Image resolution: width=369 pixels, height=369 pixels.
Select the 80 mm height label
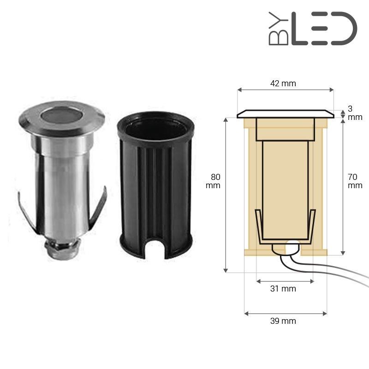click(215, 181)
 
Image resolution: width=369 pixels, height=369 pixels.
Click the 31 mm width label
click(283, 289)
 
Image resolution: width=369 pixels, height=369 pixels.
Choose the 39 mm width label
click(283, 321)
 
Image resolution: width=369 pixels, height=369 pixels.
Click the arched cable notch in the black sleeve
click(155, 249)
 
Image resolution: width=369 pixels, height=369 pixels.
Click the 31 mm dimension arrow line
click(285, 280)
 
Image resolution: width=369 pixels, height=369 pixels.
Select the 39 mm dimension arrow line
click(285, 313)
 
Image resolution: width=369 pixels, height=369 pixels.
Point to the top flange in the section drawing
click(285, 114)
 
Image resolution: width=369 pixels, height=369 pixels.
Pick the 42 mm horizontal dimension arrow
click(285, 90)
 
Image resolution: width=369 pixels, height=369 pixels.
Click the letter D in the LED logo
click(344, 29)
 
